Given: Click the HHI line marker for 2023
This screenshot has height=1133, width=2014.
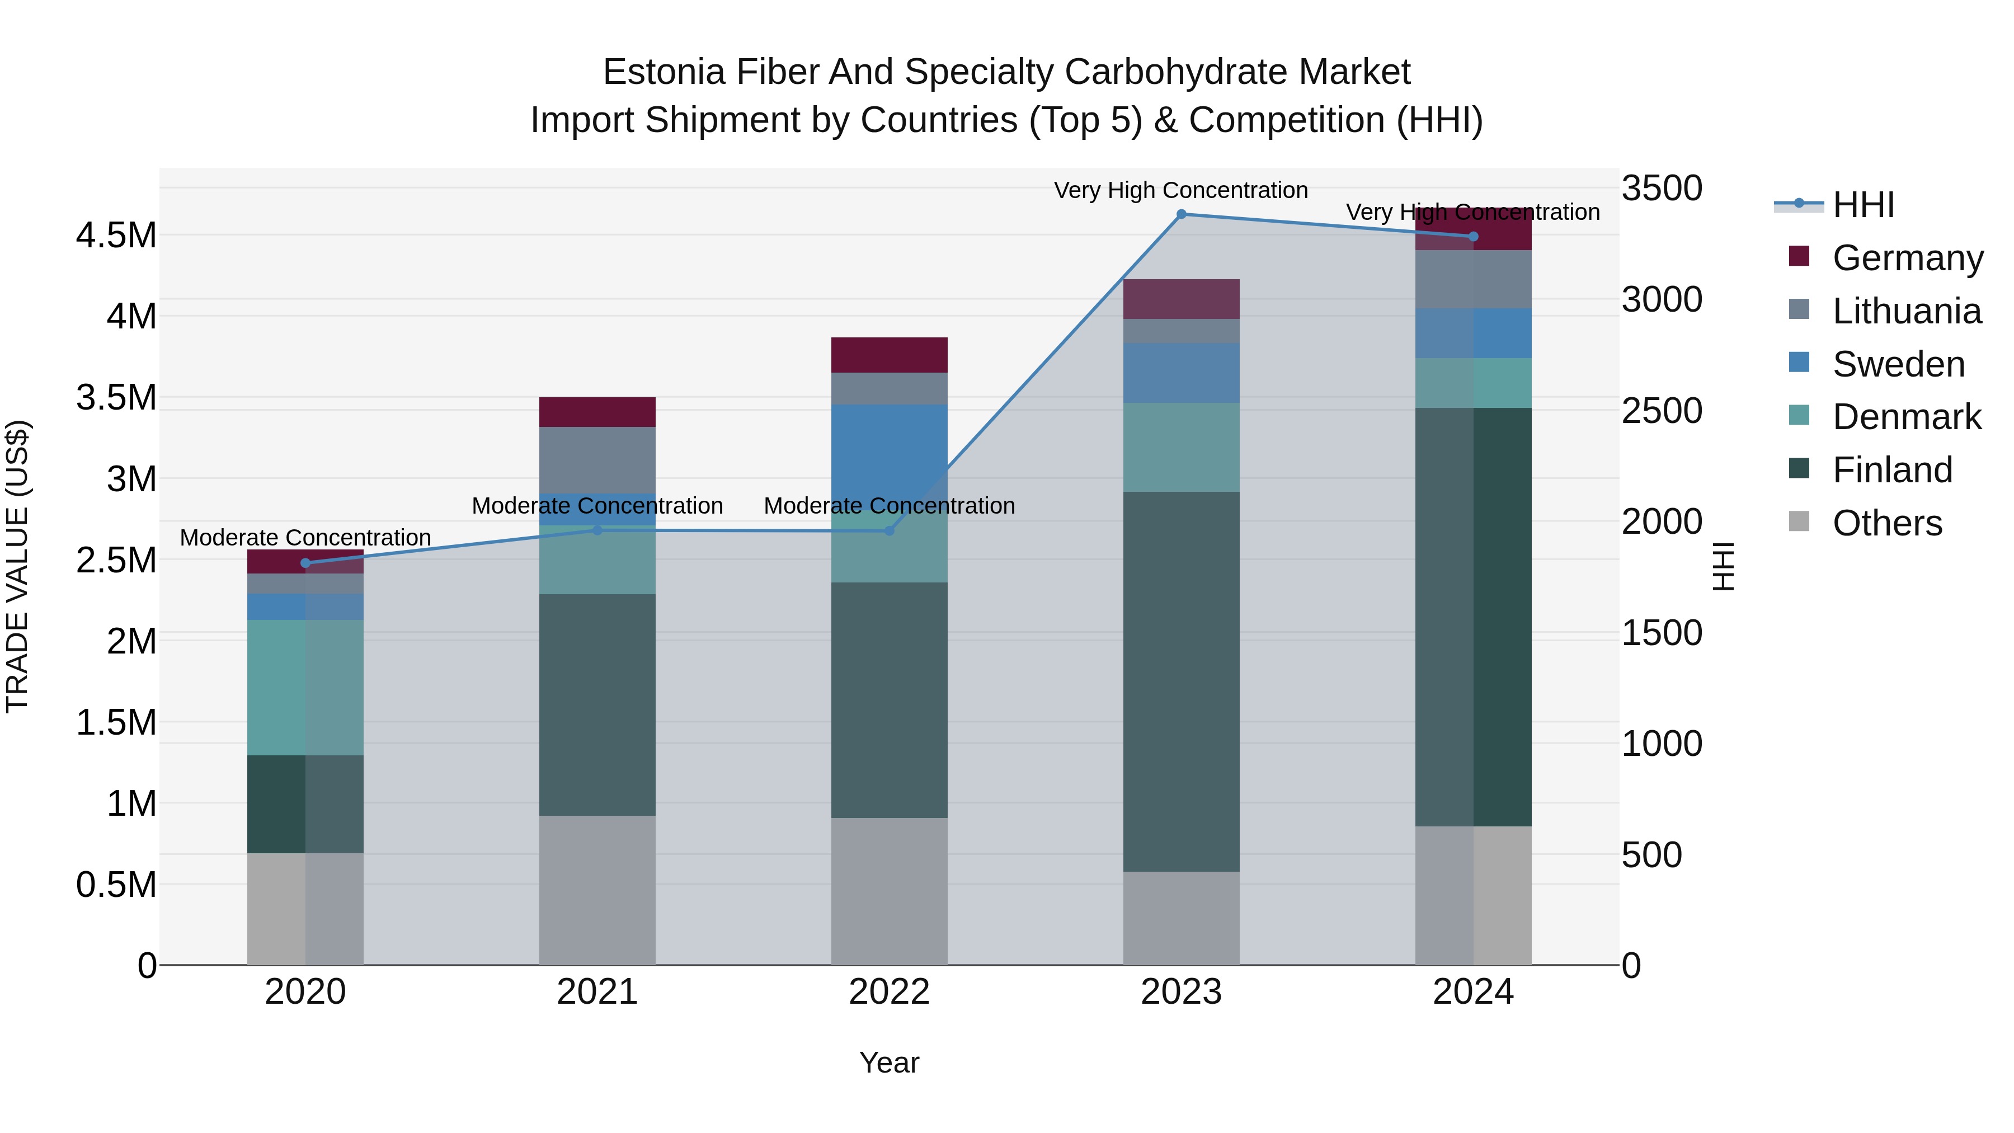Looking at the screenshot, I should (1182, 214).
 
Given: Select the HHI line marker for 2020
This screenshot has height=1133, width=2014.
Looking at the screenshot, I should (305, 563).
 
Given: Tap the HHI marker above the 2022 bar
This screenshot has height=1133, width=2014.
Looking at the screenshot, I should (889, 531).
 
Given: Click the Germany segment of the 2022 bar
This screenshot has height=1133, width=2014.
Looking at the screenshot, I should (889, 355).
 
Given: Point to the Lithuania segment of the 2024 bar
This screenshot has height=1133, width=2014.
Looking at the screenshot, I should (1473, 279).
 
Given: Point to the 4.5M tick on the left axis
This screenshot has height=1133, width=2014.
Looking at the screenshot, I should (116, 236).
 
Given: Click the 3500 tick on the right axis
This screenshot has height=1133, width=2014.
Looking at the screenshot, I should (1662, 189).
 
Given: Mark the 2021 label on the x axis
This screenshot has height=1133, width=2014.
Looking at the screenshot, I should (597, 991).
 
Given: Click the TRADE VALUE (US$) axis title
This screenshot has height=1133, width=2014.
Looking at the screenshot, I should (17, 566).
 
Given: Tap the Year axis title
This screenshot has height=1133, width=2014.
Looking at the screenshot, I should (889, 1063).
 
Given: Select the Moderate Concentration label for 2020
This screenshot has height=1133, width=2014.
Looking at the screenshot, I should (305, 538).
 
